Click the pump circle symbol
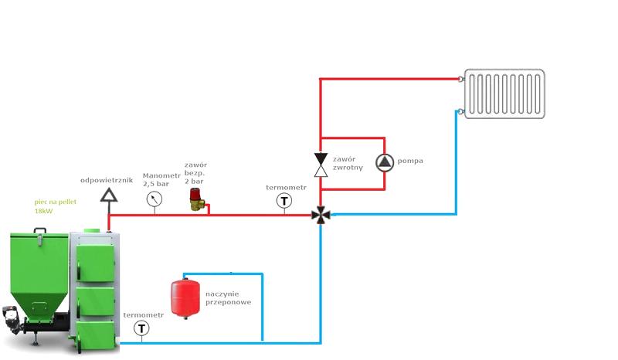[x=384, y=163]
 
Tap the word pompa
[x=410, y=161]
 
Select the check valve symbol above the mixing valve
[x=321, y=165]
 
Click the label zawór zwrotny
[x=348, y=163]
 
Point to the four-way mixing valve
[x=321, y=215]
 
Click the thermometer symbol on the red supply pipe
[x=284, y=201]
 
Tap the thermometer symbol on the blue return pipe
[x=141, y=328]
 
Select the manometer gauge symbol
[x=154, y=199]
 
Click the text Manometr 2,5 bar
[x=161, y=180]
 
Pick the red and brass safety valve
[x=197, y=199]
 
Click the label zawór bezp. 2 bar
[x=195, y=173]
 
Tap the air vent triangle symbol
[x=109, y=195]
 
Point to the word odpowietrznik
[x=107, y=180]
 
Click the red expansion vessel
[x=185, y=298]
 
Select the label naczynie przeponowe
[x=228, y=298]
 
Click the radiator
[x=504, y=93]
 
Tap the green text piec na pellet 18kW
[x=55, y=206]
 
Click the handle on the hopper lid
[x=40, y=231]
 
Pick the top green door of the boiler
[x=95, y=263]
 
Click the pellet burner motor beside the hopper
[x=11, y=317]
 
